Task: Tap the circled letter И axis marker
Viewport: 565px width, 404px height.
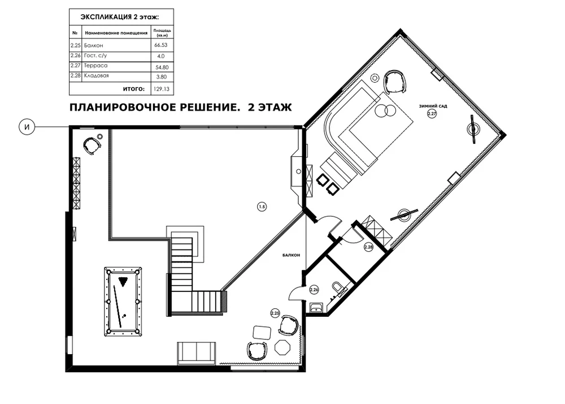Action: coord(27,127)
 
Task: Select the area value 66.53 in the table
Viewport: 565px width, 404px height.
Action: coord(160,45)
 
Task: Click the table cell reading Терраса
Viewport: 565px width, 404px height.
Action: coord(95,66)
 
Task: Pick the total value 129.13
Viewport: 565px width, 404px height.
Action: coord(162,89)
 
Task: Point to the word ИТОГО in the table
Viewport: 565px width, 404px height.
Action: coord(134,89)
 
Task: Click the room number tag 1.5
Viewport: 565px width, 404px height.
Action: coord(262,207)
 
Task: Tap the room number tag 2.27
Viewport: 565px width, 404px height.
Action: coord(432,114)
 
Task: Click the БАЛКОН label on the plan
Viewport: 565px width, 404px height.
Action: coord(291,255)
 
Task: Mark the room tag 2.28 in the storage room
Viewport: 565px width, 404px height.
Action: coord(368,247)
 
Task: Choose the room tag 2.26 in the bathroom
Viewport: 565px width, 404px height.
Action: coord(314,289)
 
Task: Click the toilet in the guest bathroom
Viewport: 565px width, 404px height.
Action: coord(338,288)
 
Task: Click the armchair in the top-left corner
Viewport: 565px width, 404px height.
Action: coord(92,145)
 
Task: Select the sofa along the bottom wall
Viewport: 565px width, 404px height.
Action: coord(197,353)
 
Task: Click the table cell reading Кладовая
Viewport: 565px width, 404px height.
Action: coord(96,76)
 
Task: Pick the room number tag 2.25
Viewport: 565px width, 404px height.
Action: coord(275,313)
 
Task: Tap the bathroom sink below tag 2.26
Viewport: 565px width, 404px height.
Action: coord(317,308)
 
